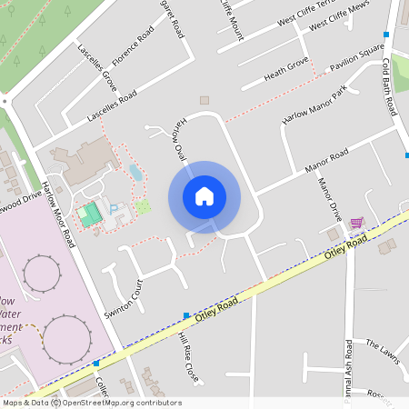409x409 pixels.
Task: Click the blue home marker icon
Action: click(x=204, y=196)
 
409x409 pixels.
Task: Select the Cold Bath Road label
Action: click(x=389, y=86)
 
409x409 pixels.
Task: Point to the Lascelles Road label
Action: click(x=112, y=107)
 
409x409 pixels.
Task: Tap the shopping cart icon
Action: click(x=356, y=223)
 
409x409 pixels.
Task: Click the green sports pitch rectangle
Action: click(x=89, y=215)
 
